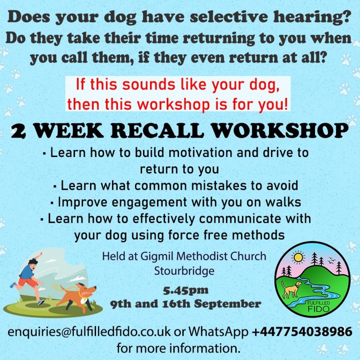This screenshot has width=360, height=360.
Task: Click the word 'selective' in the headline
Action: coord(229,17)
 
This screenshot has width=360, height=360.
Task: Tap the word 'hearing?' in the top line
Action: coord(312,17)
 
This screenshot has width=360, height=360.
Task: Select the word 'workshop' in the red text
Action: coord(173,104)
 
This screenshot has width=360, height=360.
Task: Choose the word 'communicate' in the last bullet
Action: coord(240,218)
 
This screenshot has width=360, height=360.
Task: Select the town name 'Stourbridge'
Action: coord(184,271)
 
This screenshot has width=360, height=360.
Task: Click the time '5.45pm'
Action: coord(186,291)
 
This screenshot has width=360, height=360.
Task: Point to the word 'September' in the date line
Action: coord(227,304)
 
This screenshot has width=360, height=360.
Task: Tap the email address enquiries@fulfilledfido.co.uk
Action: coord(89,332)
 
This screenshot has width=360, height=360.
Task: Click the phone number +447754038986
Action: coord(302,332)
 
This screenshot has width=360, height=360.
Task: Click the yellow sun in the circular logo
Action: coord(298,257)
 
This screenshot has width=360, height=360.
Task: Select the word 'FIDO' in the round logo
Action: coord(318,309)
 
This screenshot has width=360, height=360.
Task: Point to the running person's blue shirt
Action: coord(27,271)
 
